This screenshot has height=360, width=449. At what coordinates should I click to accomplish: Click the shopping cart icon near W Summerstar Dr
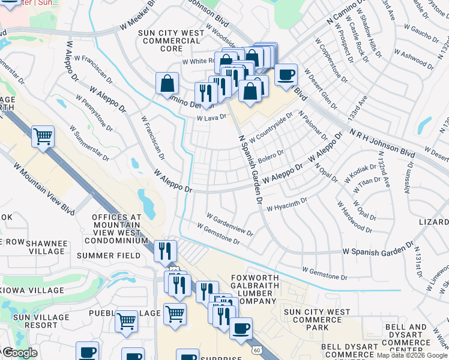(x=43, y=136)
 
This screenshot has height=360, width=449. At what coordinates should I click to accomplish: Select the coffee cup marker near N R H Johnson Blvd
(x=286, y=75)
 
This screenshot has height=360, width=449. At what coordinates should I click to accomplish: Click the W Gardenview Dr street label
(x=230, y=224)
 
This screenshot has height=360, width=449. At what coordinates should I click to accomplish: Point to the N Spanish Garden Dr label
(x=252, y=169)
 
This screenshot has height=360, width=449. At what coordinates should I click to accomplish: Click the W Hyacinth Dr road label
(x=287, y=205)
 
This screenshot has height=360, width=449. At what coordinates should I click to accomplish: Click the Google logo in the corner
(x=20, y=352)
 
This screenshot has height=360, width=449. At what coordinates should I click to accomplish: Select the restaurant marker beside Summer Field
(x=164, y=251)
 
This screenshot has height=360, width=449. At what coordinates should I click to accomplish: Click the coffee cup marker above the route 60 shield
(x=241, y=328)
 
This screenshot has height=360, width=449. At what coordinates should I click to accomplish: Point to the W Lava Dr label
(x=211, y=118)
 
